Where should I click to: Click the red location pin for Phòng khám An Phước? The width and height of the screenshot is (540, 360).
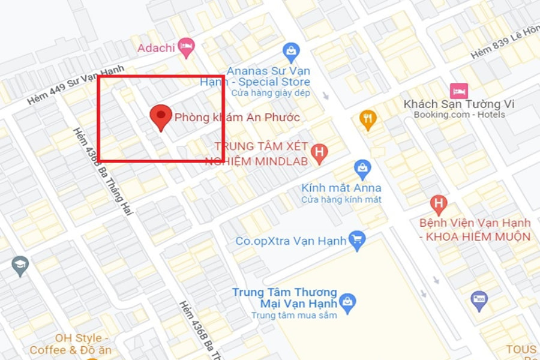coord(160,116)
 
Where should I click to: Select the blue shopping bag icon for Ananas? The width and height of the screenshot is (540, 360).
coord(291,50)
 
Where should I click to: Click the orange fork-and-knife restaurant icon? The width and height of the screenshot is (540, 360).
coord(367,118)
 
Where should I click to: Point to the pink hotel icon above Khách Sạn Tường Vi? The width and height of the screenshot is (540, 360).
coord(459,91)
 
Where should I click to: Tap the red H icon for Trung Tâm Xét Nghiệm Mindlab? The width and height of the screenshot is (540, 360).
coord(319,154)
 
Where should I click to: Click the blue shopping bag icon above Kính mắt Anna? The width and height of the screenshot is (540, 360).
coord(362,169)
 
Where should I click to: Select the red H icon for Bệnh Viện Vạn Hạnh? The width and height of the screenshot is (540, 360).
coord(439,204)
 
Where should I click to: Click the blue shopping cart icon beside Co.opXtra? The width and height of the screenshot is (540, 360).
coord(357,240)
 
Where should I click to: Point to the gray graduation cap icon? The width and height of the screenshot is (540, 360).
coord(20,265)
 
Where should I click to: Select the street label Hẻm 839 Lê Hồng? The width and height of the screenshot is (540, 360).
coord(505,44)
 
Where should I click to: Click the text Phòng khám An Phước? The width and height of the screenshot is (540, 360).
coord(237,118)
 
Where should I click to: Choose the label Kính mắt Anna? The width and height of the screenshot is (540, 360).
coord(341,188)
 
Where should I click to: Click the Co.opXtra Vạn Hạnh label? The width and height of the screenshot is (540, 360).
coord(291,241)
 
